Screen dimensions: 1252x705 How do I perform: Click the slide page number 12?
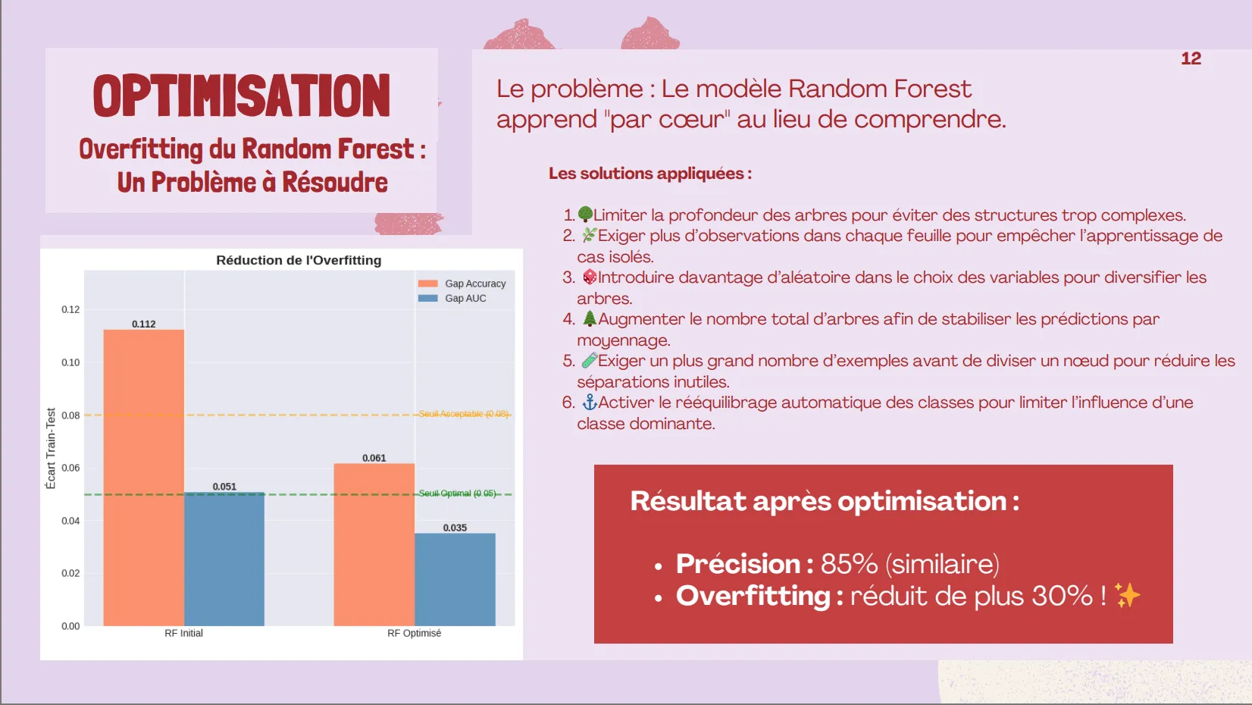[x=1191, y=58]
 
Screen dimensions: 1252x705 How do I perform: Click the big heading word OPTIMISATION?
[x=242, y=96]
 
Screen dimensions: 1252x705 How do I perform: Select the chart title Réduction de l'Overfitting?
[x=299, y=260]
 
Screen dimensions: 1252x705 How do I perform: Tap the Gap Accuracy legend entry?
[x=462, y=284]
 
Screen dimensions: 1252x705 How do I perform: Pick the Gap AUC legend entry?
[x=452, y=298]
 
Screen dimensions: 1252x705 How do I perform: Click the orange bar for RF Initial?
[x=144, y=478]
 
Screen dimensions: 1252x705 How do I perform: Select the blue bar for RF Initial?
[x=224, y=559]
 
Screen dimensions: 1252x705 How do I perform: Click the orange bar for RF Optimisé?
[x=374, y=544]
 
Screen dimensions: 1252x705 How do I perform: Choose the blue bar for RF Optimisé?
[x=455, y=579]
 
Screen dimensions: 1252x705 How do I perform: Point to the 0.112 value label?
[x=144, y=324]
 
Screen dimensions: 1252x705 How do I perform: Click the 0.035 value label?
[x=455, y=527]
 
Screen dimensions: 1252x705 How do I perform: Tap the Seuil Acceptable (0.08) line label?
[x=463, y=414]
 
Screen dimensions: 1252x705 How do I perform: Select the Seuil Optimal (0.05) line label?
[x=457, y=493]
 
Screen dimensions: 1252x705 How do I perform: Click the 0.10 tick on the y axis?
[x=70, y=362]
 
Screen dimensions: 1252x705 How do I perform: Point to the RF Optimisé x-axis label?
[x=414, y=633]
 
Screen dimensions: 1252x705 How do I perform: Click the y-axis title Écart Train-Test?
[x=51, y=448]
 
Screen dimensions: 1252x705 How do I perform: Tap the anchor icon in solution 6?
[x=589, y=402]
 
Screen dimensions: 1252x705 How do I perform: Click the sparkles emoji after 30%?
[x=1127, y=595]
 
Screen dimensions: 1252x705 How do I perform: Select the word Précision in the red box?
[x=738, y=563]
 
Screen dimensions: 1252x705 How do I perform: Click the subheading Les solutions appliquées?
[x=650, y=174]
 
